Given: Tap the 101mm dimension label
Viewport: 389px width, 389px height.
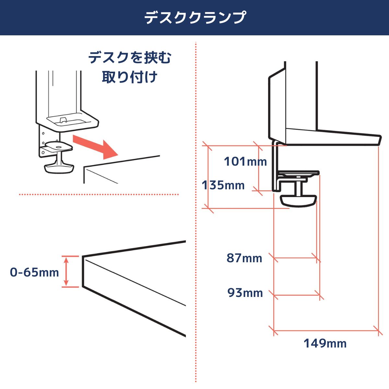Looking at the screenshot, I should point(245,161).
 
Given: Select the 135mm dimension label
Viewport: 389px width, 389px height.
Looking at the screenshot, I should point(223,185).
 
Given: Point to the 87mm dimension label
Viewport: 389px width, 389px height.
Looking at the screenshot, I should point(244,258).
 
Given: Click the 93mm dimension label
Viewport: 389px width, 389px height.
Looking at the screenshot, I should point(245,293).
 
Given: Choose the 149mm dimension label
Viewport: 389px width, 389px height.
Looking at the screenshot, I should point(325,343).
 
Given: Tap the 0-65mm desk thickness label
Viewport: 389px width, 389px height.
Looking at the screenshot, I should point(34,272).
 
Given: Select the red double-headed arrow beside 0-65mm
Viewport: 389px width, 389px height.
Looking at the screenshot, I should point(66,271).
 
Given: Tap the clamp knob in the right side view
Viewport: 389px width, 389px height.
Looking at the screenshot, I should point(299,200).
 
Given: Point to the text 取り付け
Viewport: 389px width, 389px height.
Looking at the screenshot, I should point(130,77).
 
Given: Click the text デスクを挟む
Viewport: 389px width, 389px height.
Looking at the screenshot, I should point(130,58).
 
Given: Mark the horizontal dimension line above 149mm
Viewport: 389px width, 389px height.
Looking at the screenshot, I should point(326,331).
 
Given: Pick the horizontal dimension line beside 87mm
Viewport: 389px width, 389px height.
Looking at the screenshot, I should point(295,258).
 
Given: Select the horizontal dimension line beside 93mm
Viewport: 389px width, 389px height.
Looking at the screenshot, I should point(297,295).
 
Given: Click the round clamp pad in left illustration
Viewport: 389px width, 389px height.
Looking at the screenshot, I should point(59,145).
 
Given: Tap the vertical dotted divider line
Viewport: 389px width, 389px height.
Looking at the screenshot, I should point(196,227).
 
